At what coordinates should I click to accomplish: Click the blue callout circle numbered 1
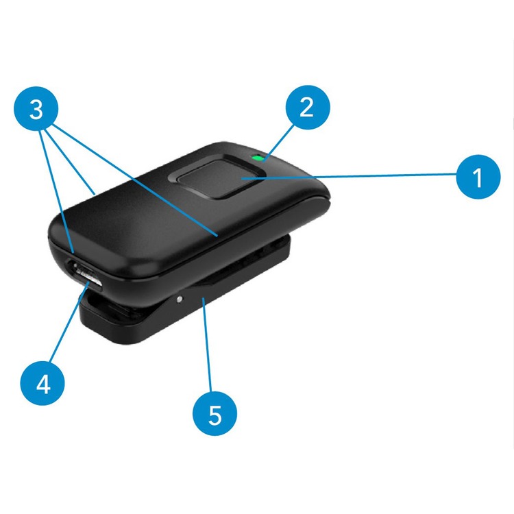click(478, 177)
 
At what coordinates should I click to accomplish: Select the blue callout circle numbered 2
click(308, 108)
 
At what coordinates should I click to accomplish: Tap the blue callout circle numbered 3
click(36, 109)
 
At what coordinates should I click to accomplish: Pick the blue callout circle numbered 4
click(42, 383)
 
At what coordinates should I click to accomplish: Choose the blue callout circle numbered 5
click(215, 413)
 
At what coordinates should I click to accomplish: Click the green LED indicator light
click(258, 158)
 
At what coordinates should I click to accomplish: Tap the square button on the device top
click(217, 177)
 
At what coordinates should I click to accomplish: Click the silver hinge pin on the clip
click(180, 299)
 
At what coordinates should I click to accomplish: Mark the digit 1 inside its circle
click(478, 178)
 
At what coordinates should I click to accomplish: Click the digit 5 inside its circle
click(215, 415)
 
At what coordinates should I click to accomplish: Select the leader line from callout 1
click(350, 176)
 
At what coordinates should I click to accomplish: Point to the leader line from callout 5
click(207, 345)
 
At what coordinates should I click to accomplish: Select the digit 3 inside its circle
click(36, 110)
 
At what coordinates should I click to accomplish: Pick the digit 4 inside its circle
click(43, 384)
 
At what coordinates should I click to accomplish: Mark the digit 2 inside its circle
click(306, 107)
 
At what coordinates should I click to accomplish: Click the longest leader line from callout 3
click(135, 180)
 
